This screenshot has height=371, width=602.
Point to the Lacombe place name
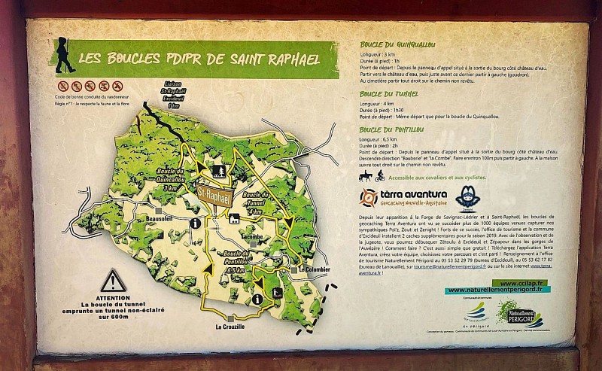254,236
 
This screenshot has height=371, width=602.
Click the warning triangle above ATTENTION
114,281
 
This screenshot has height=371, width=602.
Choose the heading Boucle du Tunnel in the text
385,95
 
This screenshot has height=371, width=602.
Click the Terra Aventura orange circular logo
368,198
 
